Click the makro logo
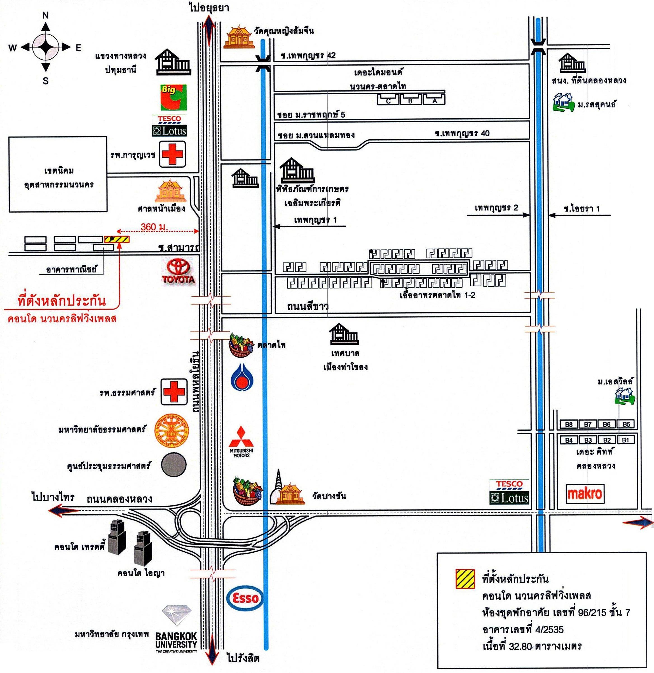pos(585,494)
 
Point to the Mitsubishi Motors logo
pos(241,442)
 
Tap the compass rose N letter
pos(45,15)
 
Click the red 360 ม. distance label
pos(153,227)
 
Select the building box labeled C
pos(388,101)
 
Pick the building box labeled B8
pos(569,424)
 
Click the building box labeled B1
pos(625,440)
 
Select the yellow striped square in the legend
pos(465,579)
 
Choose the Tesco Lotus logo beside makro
pos(509,492)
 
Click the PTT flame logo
pos(242,378)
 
